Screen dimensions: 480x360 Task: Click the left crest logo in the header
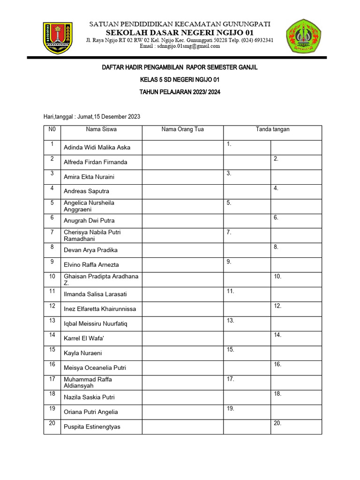pos(59,37)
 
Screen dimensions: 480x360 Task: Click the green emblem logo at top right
pos(303,36)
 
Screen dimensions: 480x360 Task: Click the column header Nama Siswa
pos(101,129)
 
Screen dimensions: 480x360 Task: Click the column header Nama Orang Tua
pos(182,129)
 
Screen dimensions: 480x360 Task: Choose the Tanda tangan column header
pos(272,129)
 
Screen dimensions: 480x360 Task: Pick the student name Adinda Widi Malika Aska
pos(97,148)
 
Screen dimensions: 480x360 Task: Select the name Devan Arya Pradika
pos(90,250)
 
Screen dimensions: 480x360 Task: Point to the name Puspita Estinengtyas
pos(92,427)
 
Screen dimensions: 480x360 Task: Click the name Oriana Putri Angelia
pos(90,412)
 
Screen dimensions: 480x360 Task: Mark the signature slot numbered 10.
pos(296,279)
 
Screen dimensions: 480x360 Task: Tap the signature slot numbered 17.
pos(247,382)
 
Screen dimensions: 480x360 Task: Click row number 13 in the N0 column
pos(52,321)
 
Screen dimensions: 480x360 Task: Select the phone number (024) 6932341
pos(257,40)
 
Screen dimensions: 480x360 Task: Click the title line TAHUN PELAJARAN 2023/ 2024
pos(180,92)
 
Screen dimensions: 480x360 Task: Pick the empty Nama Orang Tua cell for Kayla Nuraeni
pos(182,353)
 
